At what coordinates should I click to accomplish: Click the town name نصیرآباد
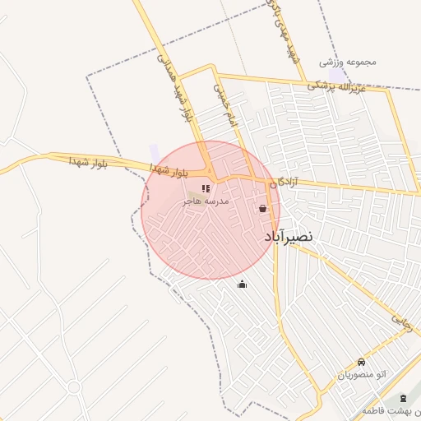(x=289, y=237)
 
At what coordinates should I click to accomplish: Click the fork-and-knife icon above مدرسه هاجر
(x=205, y=189)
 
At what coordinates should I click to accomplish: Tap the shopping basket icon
(x=262, y=209)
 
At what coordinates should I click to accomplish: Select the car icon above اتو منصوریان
(x=361, y=363)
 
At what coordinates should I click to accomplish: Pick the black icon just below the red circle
(x=242, y=285)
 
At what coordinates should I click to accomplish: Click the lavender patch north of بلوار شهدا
(x=155, y=153)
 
